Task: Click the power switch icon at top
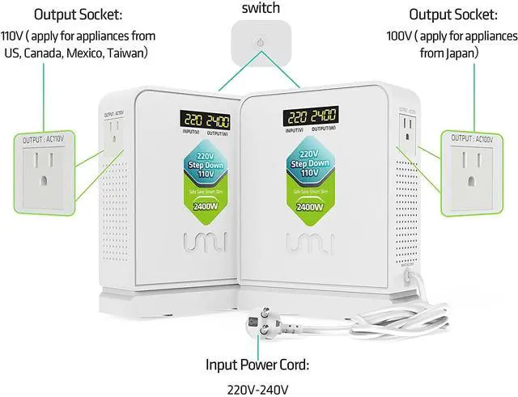point(260,42)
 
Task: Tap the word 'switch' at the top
point(260,8)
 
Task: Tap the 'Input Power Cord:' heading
point(257,365)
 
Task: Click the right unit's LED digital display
point(310,116)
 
